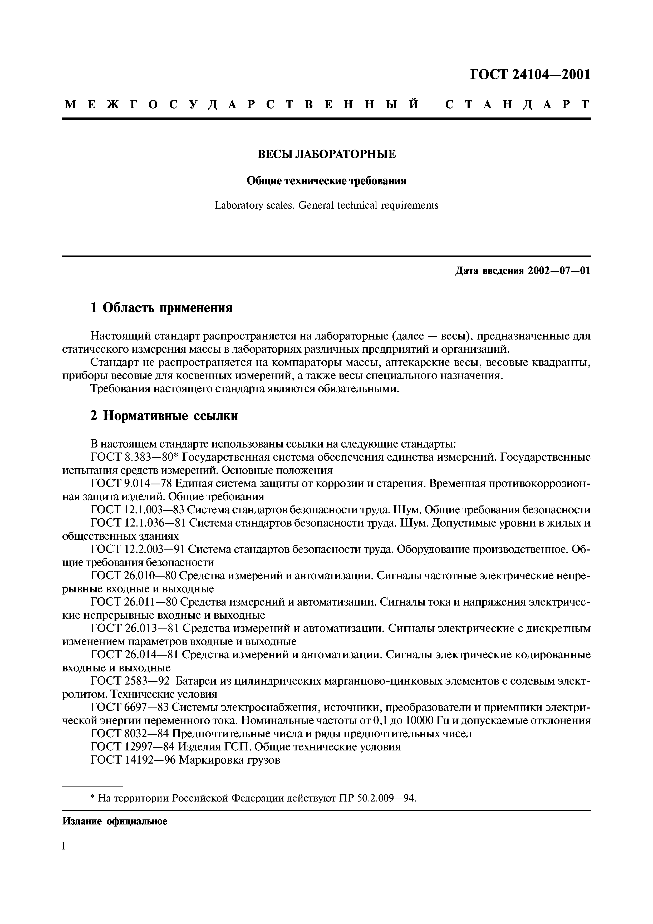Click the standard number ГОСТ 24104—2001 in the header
(530, 75)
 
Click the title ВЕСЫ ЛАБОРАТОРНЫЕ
(326, 154)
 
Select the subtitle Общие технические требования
(326, 181)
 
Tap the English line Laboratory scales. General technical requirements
(326, 206)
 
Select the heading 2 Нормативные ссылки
(164, 416)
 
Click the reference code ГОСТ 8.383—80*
(135, 458)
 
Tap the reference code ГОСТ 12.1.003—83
(138, 510)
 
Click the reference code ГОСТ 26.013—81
(135, 629)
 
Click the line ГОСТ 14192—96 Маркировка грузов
(185, 760)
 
